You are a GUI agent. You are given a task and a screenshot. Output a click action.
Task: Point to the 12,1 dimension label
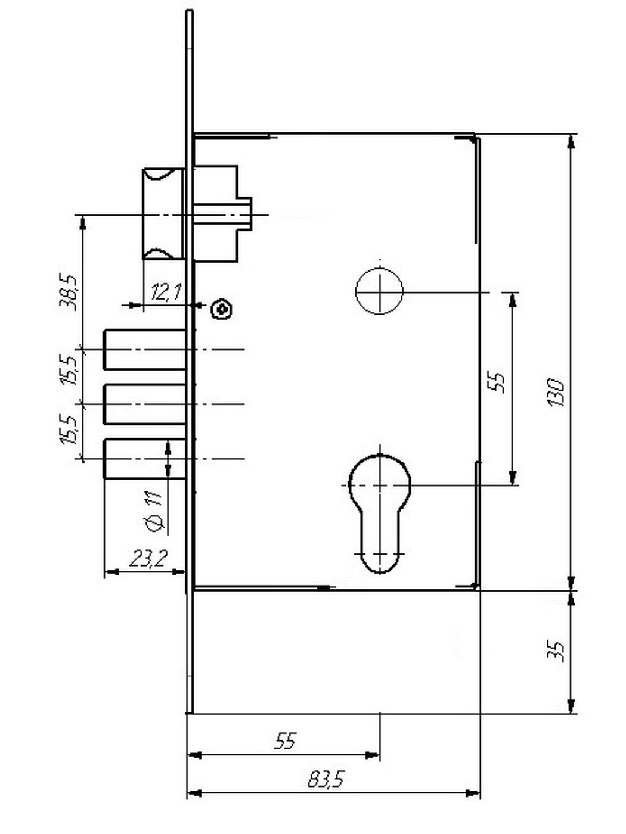166,292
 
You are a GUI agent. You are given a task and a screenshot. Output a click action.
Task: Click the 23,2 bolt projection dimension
148,558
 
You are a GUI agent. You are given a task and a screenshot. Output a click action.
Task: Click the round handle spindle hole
379,291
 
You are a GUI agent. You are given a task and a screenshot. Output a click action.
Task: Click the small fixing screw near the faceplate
222,309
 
